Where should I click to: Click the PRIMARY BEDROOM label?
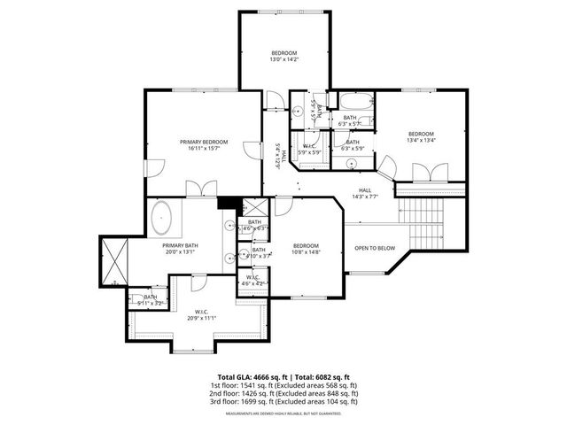click(204, 142)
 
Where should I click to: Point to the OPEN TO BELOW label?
click(376, 248)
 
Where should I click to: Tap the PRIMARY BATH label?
click(178, 245)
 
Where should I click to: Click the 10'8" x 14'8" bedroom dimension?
click(306, 252)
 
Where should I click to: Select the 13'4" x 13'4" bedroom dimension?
click(422, 139)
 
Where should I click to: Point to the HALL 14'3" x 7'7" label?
click(365, 194)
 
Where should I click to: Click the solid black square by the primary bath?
click(225, 203)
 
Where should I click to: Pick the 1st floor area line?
click(283, 386)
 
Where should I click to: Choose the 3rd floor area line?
click(283, 402)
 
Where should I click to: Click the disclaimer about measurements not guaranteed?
click(283, 413)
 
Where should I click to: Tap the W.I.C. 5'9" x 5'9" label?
click(309, 150)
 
